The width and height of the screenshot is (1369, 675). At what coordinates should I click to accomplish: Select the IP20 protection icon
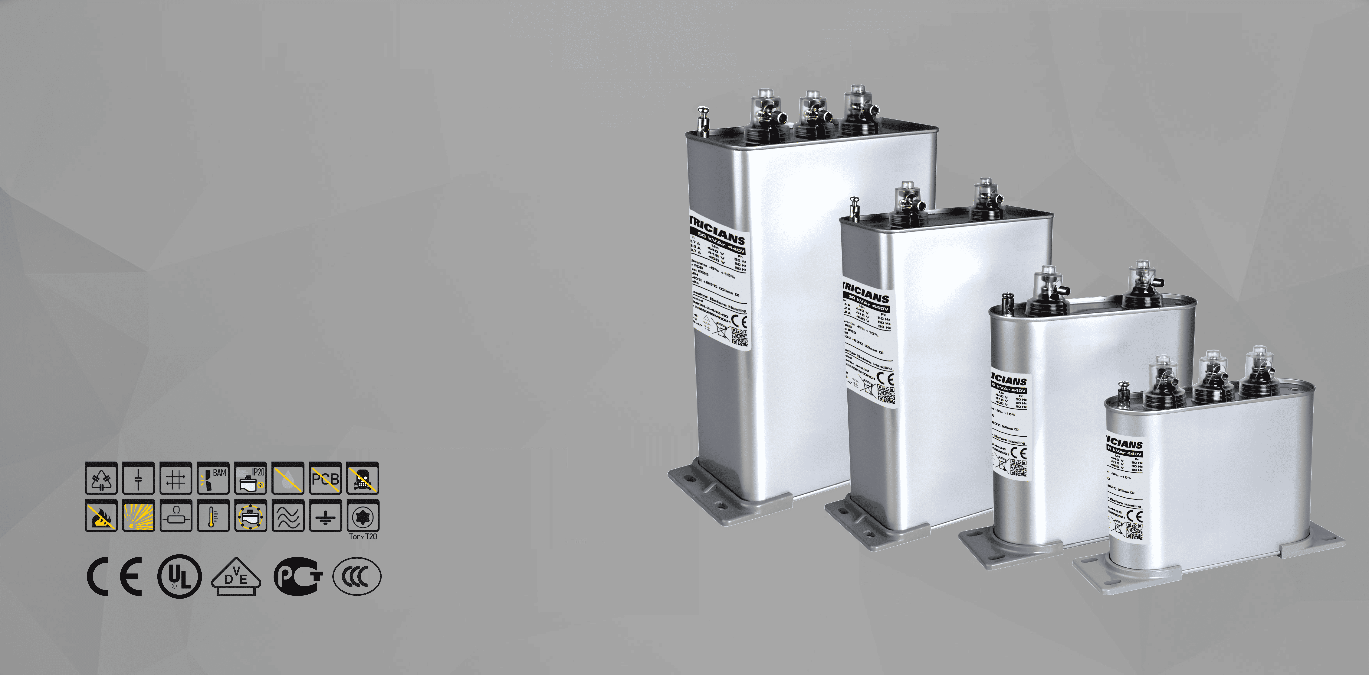tap(250, 478)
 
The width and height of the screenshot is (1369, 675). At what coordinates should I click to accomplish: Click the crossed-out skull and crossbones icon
tap(363, 478)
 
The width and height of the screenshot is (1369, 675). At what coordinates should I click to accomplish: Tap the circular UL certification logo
tap(180, 576)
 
